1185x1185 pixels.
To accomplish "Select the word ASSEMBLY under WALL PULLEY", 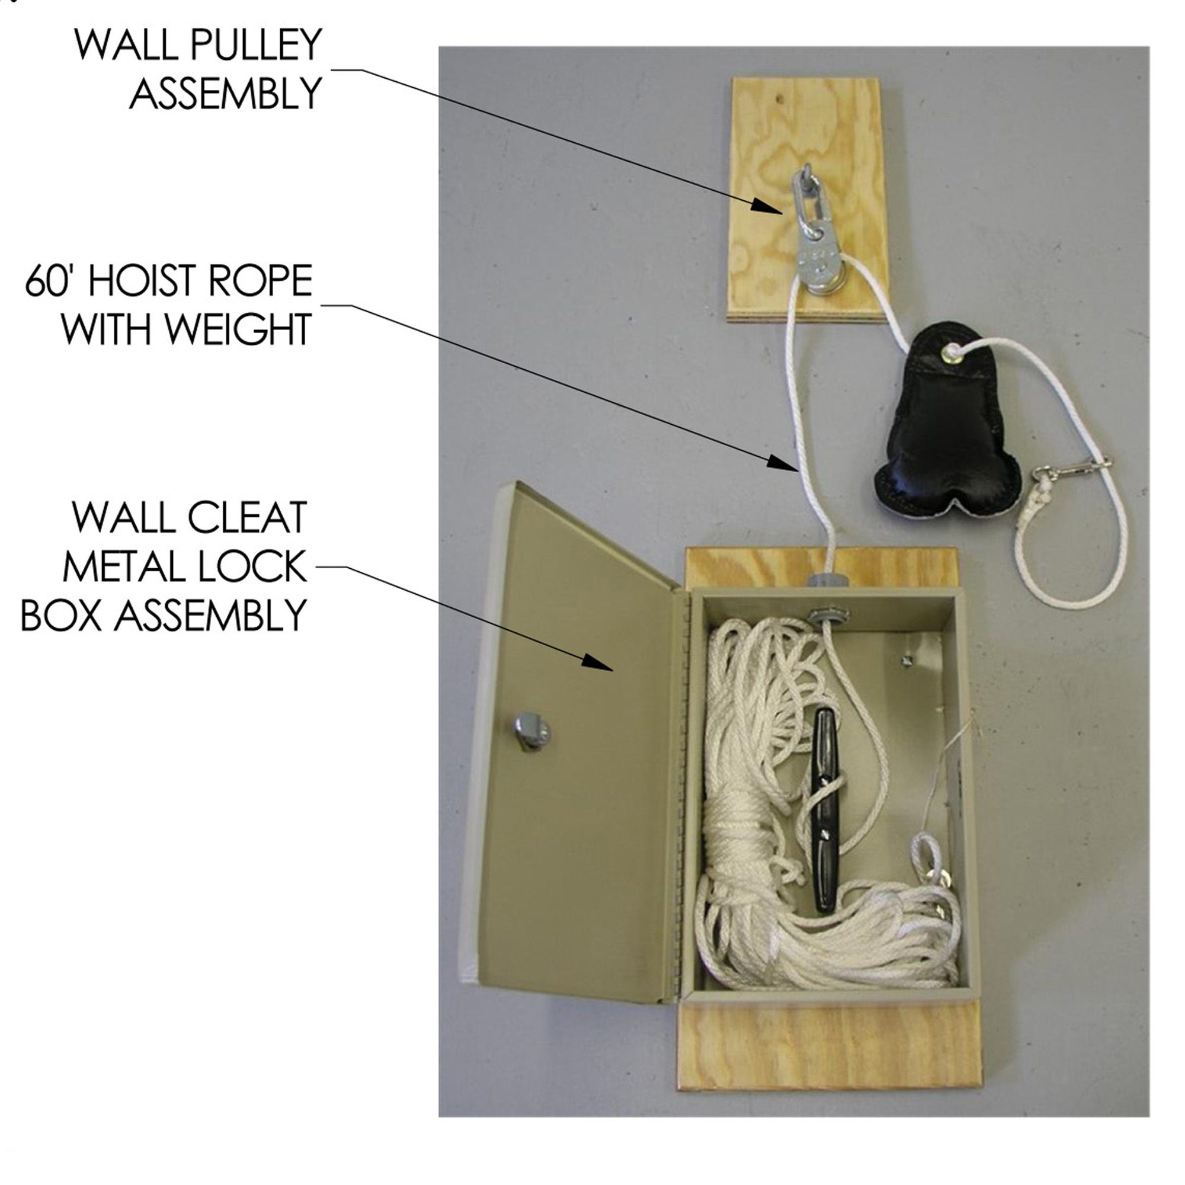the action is pyautogui.click(x=226, y=94).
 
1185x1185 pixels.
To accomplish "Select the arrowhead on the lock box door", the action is pyautogui.click(x=597, y=662).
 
